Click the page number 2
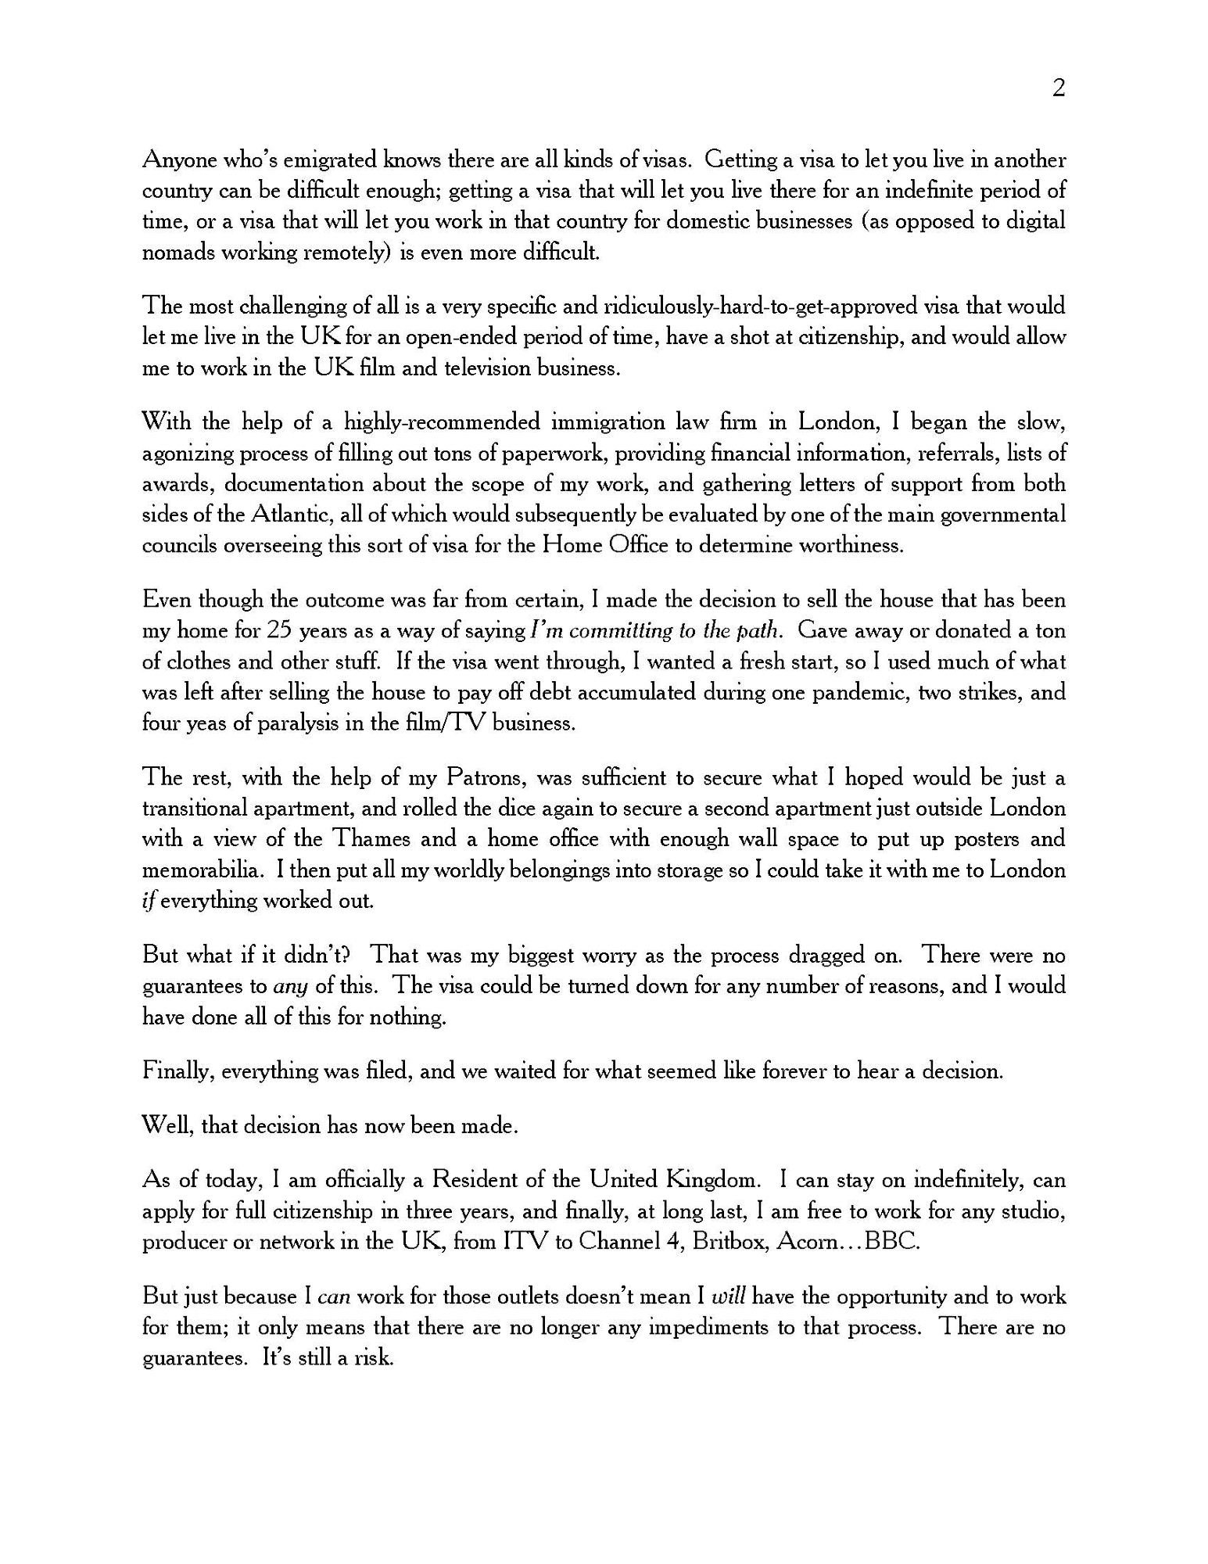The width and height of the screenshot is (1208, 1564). coord(1059,89)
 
